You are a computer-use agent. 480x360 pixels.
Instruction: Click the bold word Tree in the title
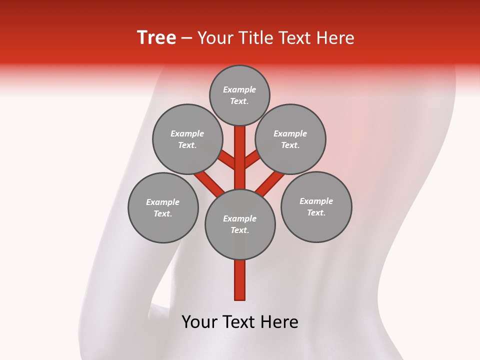(x=156, y=38)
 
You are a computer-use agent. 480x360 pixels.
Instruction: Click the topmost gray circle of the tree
(x=239, y=95)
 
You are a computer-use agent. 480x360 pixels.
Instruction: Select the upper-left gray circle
(x=187, y=139)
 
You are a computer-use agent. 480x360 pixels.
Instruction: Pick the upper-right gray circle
(x=290, y=139)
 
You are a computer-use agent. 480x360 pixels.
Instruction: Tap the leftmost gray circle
(x=163, y=208)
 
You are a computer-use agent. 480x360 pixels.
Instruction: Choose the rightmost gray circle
(x=316, y=207)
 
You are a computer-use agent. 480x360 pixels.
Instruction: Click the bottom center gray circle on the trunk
(x=240, y=224)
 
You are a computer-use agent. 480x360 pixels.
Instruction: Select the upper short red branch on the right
(x=252, y=159)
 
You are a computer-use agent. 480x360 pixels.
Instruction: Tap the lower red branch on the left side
(x=208, y=182)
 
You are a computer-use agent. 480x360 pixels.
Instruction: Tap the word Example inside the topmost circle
(x=239, y=90)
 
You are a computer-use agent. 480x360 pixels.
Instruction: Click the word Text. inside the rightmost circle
(x=316, y=213)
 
